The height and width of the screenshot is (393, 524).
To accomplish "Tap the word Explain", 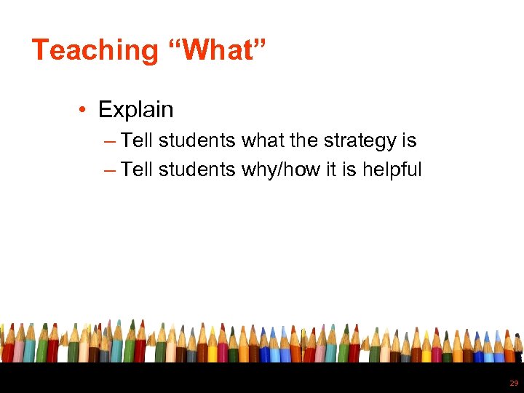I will (x=135, y=110).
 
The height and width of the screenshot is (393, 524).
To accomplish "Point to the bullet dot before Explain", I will (x=84, y=111).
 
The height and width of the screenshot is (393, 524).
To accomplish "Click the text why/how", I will (x=277, y=170).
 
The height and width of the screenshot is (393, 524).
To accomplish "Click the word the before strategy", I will (x=300, y=140).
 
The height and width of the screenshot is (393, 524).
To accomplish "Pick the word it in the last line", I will (x=322, y=170).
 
